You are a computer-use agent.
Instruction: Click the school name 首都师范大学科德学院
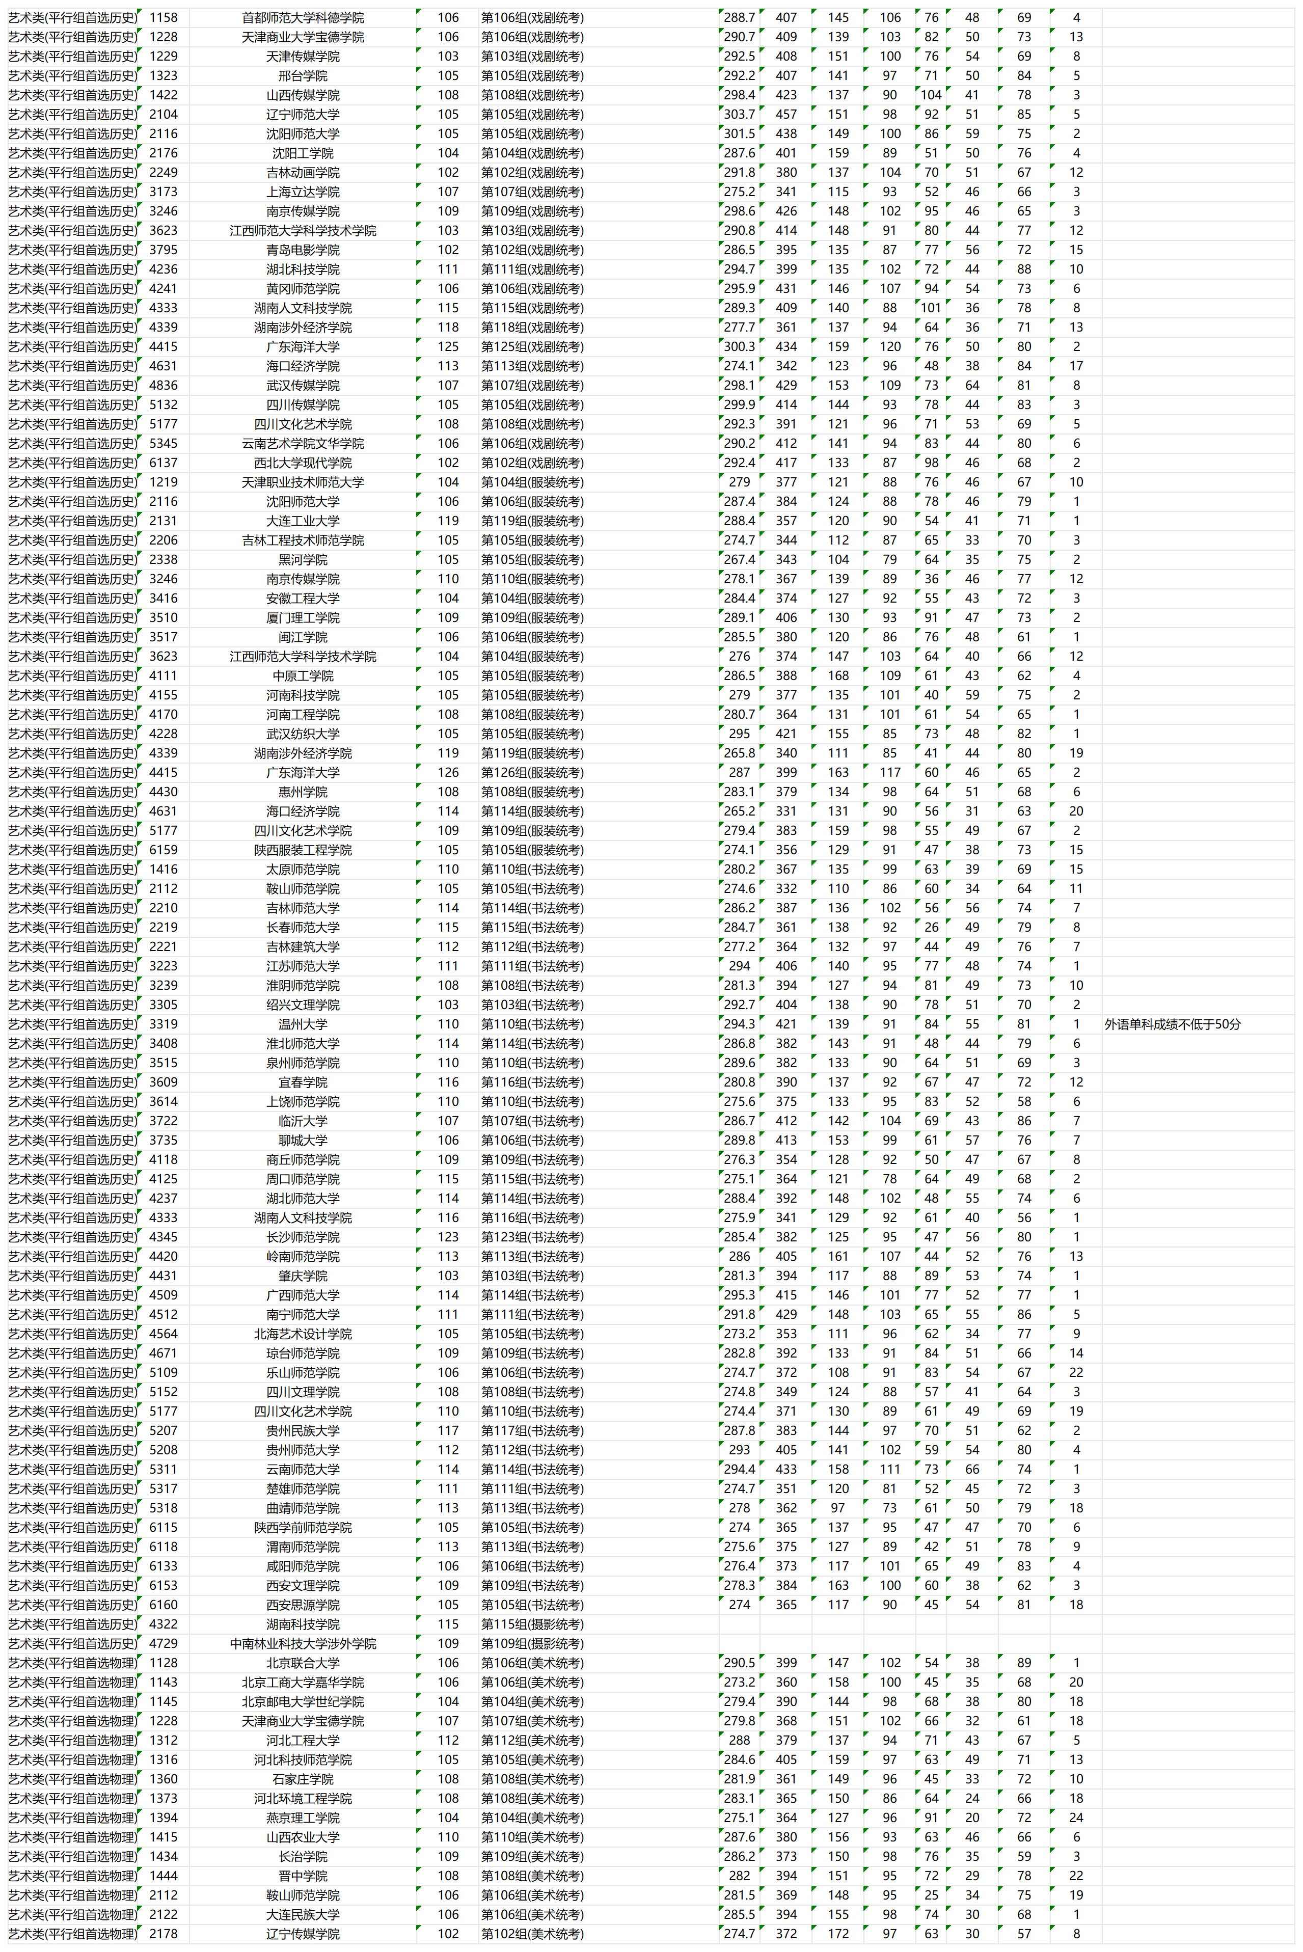tap(303, 17)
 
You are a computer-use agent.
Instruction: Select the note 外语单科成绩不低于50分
tap(1172, 1024)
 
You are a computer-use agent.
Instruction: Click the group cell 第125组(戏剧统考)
tap(532, 346)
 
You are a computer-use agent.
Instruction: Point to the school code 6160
tap(163, 1605)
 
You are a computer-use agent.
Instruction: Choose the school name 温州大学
tap(303, 1024)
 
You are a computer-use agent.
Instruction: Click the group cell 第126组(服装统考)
tap(532, 773)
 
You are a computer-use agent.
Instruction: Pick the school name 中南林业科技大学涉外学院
tap(303, 1644)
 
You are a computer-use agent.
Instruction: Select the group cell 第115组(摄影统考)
tap(532, 1624)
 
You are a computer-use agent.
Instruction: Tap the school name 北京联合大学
tap(303, 1663)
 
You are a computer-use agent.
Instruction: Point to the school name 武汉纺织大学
tap(303, 734)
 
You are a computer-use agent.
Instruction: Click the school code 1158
tap(163, 17)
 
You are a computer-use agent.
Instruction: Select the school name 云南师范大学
tap(303, 1469)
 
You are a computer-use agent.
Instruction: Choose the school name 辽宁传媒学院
tap(303, 1934)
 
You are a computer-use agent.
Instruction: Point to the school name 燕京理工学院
tap(303, 1818)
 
